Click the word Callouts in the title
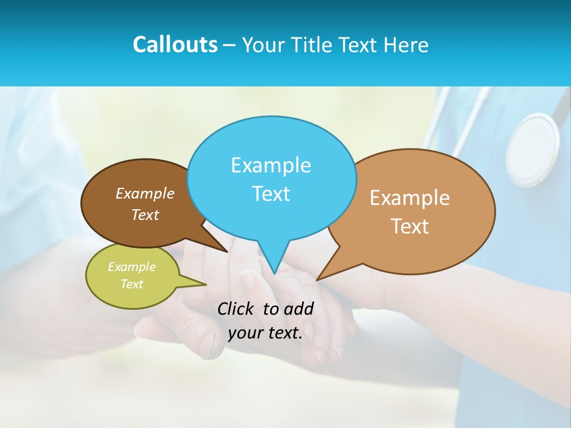tap(175, 45)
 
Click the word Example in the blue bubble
tap(271, 165)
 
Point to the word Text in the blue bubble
tap(271, 194)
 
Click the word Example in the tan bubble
tap(410, 198)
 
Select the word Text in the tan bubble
tap(410, 226)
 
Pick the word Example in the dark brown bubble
tap(145, 193)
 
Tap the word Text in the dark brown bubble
tap(145, 215)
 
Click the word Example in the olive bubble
tap(131, 267)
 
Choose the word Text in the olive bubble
tap(131, 284)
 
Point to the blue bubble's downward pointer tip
tap(274, 273)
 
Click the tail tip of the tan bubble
tap(318, 279)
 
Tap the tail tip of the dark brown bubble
tap(227, 251)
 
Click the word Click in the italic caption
tap(236, 309)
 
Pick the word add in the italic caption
tap(299, 309)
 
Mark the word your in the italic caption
tap(244, 333)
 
